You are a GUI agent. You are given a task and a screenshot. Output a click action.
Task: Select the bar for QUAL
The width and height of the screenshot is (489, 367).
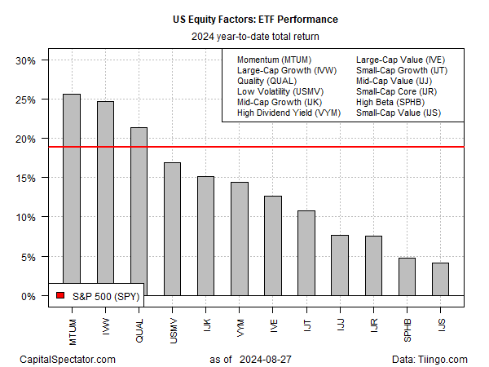coord(139,211)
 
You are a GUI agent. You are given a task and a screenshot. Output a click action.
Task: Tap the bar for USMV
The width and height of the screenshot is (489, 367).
coord(172,228)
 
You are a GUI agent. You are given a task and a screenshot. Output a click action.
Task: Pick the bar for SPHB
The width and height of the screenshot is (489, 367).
coord(407,276)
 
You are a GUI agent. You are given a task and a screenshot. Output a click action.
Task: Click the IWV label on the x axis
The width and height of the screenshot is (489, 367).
coord(106,323)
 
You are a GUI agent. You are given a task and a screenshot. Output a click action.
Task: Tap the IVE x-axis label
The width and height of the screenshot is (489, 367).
coord(273,323)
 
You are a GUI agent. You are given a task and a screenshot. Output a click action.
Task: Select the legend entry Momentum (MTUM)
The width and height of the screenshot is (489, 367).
coord(272,60)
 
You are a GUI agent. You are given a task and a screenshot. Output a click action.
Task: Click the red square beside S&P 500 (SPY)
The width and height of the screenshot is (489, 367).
coord(59,295)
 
